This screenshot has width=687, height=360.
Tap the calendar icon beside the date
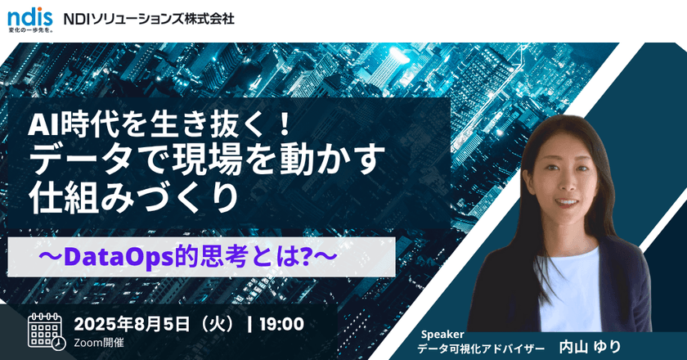pos(47,329)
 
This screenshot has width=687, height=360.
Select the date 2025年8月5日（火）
pos(155,324)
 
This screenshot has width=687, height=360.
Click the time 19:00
pos(281,324)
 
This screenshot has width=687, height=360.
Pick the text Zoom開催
pos(101,342)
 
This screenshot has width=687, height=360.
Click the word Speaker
pos(442,334)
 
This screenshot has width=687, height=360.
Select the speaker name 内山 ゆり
pos(590,347)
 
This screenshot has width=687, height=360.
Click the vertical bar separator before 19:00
pos(249,324)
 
